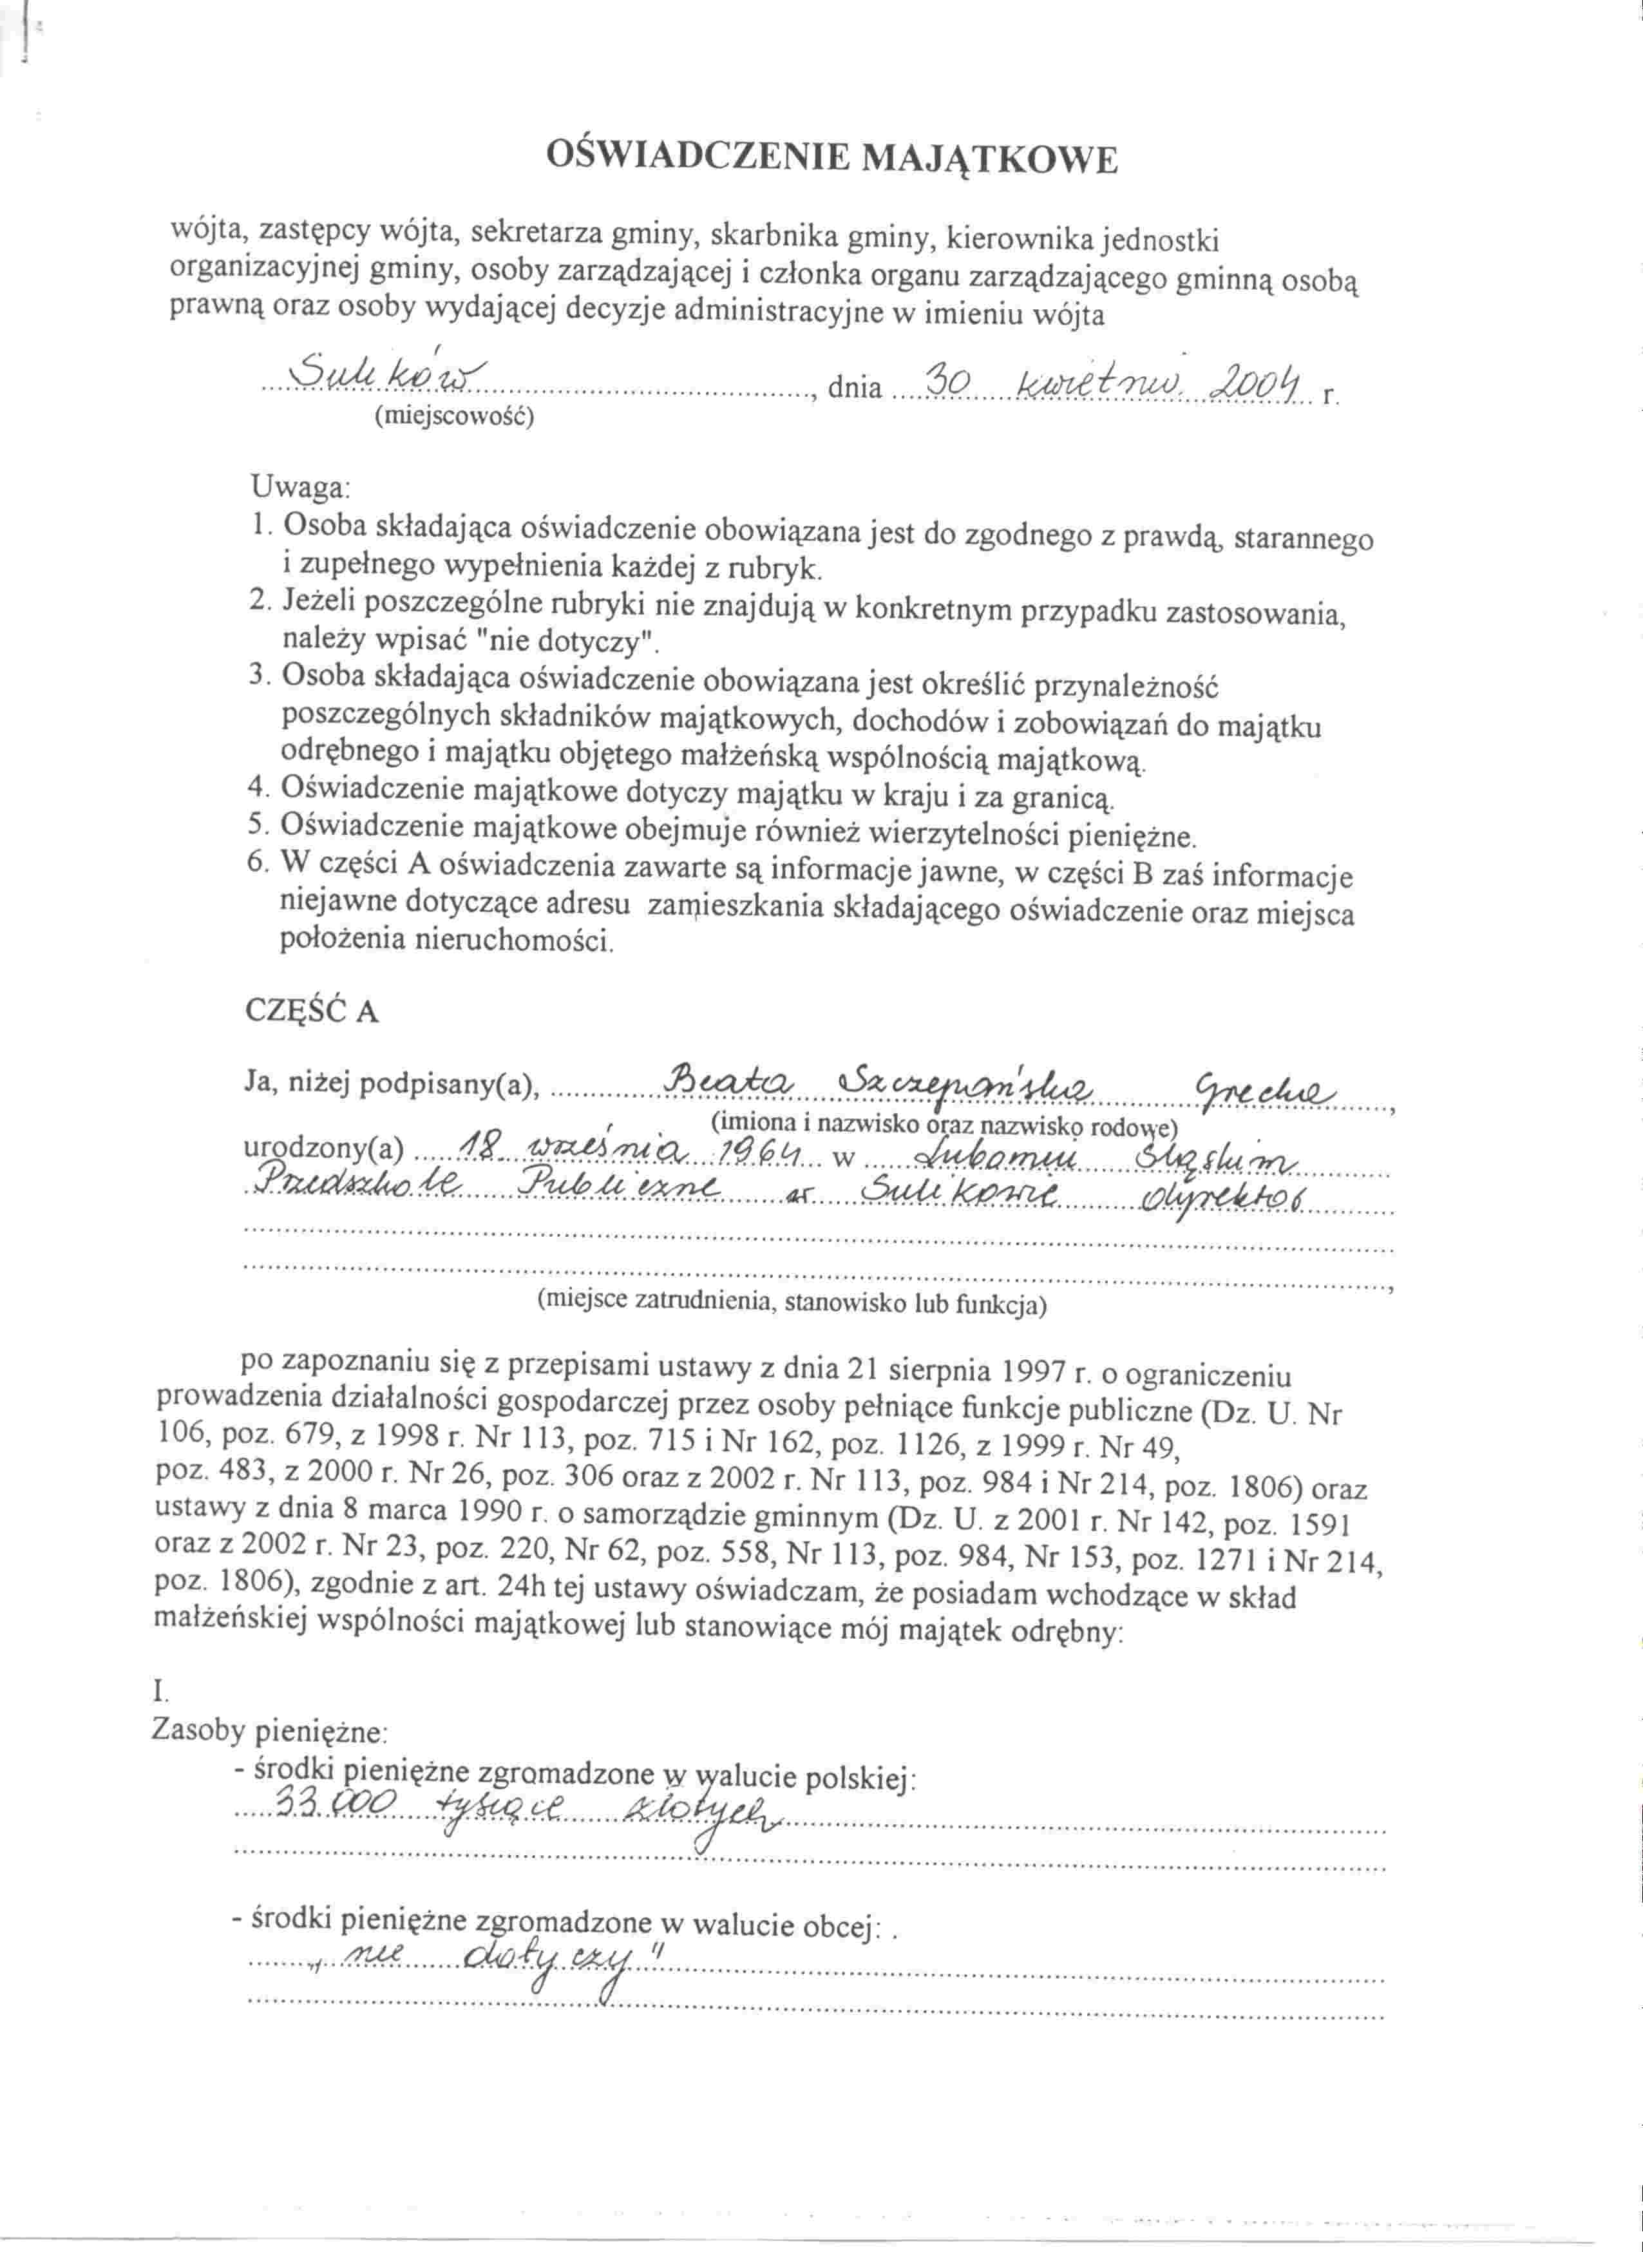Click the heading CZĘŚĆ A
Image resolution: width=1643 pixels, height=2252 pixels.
[311, 1011]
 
